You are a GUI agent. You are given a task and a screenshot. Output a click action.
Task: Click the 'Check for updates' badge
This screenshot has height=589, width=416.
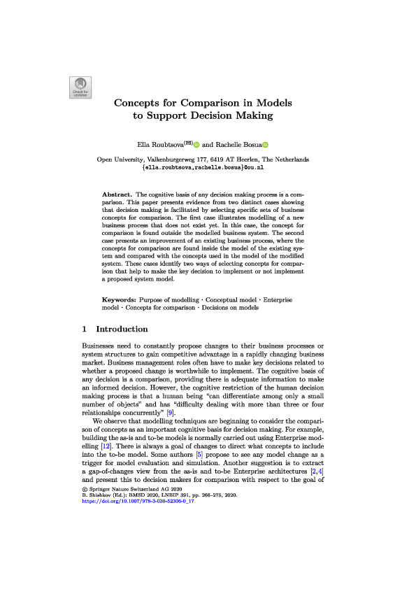point(78,86)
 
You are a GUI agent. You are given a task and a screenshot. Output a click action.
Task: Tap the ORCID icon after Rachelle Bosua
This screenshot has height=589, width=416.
point(265,145)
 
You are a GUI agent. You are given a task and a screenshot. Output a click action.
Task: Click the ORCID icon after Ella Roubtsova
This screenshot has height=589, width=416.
point(196,145)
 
